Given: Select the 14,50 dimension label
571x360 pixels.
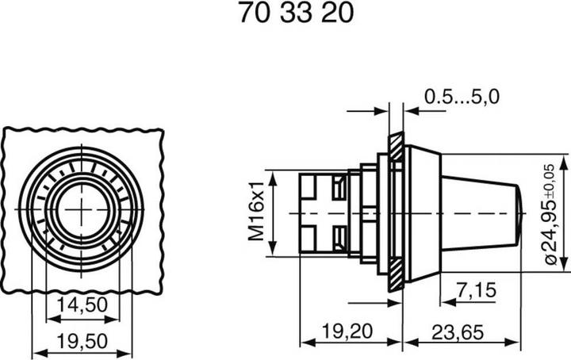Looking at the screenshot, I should pyautogui.click(x=82, y=304).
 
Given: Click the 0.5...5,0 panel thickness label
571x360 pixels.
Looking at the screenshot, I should pyautogui.click(x=462, y=98).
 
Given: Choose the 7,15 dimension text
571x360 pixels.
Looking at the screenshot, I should pyautogui.click(x=477, y=291).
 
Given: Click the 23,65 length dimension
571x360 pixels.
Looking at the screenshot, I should pyautogui.click(x=460, y=332).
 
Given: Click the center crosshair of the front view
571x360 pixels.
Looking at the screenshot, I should pyautogui.click(x=82, y=207).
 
